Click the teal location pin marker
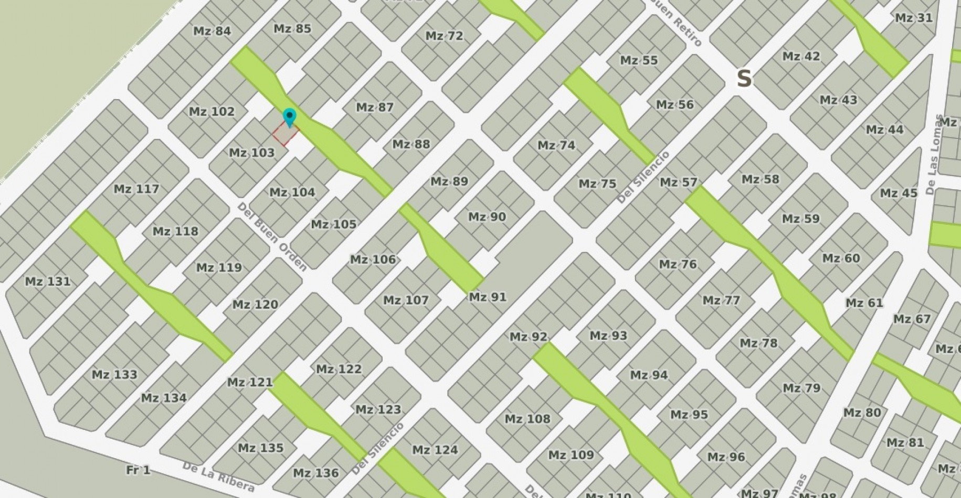pos(289,117)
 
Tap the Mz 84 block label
pos(212,31)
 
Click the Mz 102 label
pos(212,112)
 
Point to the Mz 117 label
pos(136,189)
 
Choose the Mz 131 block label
pos(48,282)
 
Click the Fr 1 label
pos(138,470)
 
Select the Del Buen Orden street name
pos(272,236)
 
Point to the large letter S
pos(744,79)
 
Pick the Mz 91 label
pos(488,297)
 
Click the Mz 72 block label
pos(444,36)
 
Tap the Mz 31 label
pos(914,18)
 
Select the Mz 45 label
pos(899,193)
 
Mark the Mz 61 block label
pos(864,303)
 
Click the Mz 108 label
pos(527,419)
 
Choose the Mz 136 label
pos(315,473)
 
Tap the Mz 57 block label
pos(678,182)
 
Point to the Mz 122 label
pos(339,369)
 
